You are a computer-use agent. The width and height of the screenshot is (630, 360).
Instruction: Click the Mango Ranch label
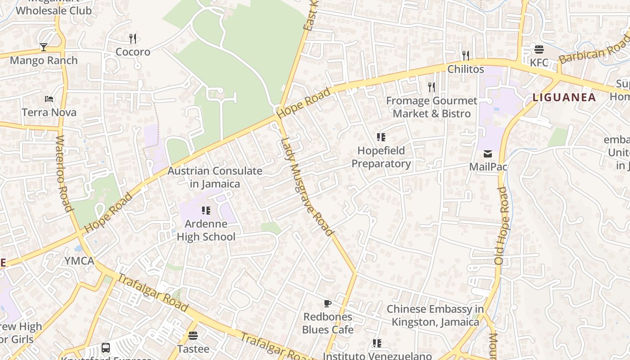[44, 60]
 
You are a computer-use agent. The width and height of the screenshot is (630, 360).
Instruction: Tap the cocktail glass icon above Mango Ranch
[44, 47]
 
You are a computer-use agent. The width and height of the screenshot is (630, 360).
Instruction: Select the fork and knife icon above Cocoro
[133, 39]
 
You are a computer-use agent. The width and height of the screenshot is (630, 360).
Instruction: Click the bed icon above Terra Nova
[49, 99]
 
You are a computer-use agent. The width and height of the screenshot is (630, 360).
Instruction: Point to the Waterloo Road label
[64, 173]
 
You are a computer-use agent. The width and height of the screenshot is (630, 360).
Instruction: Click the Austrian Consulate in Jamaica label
[215, 177]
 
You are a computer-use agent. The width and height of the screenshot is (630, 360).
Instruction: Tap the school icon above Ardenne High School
[206, 210]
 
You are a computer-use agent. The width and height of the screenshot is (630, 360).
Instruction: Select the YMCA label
[79, 261]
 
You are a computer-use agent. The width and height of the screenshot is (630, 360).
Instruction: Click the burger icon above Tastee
[193, 336]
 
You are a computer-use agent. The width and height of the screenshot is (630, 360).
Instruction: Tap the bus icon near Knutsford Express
[106, 347]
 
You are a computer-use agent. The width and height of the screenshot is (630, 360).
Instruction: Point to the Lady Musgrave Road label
[307, 186]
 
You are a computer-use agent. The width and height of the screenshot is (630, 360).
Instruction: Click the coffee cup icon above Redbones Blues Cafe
[328, 304]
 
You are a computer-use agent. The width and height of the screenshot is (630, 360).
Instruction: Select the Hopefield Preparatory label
[381, 157]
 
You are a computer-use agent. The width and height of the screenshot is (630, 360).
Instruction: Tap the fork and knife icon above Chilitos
[466, 56]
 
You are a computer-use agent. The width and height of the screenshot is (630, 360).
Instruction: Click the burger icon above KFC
[539, 49]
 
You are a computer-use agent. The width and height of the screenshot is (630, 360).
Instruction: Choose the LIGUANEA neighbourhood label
[564, 97]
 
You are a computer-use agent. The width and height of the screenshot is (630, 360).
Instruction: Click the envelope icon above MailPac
[488, 154]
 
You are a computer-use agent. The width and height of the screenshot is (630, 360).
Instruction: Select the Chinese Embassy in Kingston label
[435, 315]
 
